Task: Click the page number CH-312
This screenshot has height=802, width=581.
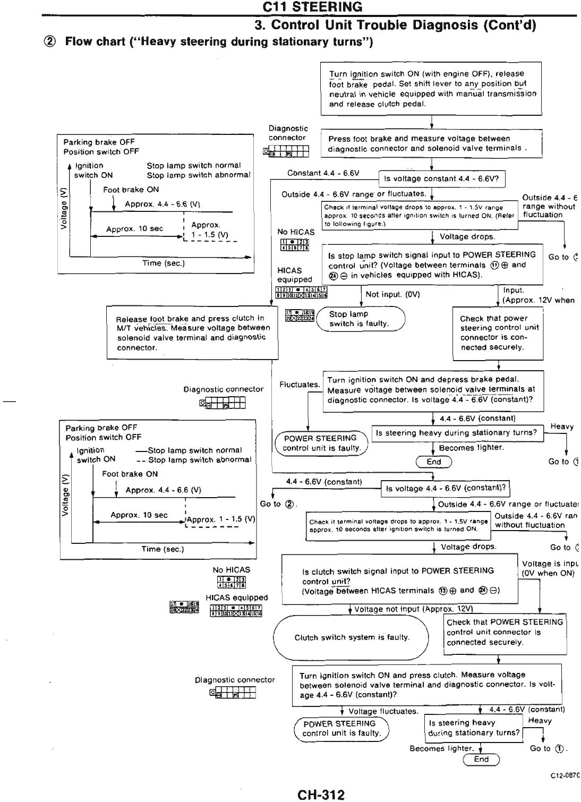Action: (x=321, y=795)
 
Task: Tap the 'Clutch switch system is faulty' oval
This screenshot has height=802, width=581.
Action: (x=351, y=637)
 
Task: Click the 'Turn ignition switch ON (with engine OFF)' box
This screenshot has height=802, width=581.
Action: (x=431, y=89)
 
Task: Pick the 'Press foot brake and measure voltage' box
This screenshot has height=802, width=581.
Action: (x=431, y=143)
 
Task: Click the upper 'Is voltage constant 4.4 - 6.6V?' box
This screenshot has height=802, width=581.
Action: (x=441, y=178)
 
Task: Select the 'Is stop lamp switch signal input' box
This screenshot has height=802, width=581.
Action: (x=433, y=265)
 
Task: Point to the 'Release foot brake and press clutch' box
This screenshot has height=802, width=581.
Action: (x=192, y=333)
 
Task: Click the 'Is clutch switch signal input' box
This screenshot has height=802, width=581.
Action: (x=399, y=580)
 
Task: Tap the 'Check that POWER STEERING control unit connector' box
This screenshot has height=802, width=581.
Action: (x=505, y=632)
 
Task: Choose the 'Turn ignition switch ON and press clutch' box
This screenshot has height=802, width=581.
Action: (x=426, y=685)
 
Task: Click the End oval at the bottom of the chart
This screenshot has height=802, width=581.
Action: (x=481, y=760)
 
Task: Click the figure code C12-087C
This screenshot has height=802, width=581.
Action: (x=565, y=776)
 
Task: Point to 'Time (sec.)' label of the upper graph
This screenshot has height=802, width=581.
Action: (x=163, y=263)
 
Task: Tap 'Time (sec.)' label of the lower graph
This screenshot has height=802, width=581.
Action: (x=163, y=549)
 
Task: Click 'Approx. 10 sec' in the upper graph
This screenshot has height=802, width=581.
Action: (x=134, y=229)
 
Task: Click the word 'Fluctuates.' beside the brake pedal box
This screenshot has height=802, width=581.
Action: (x=300, y=385)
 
